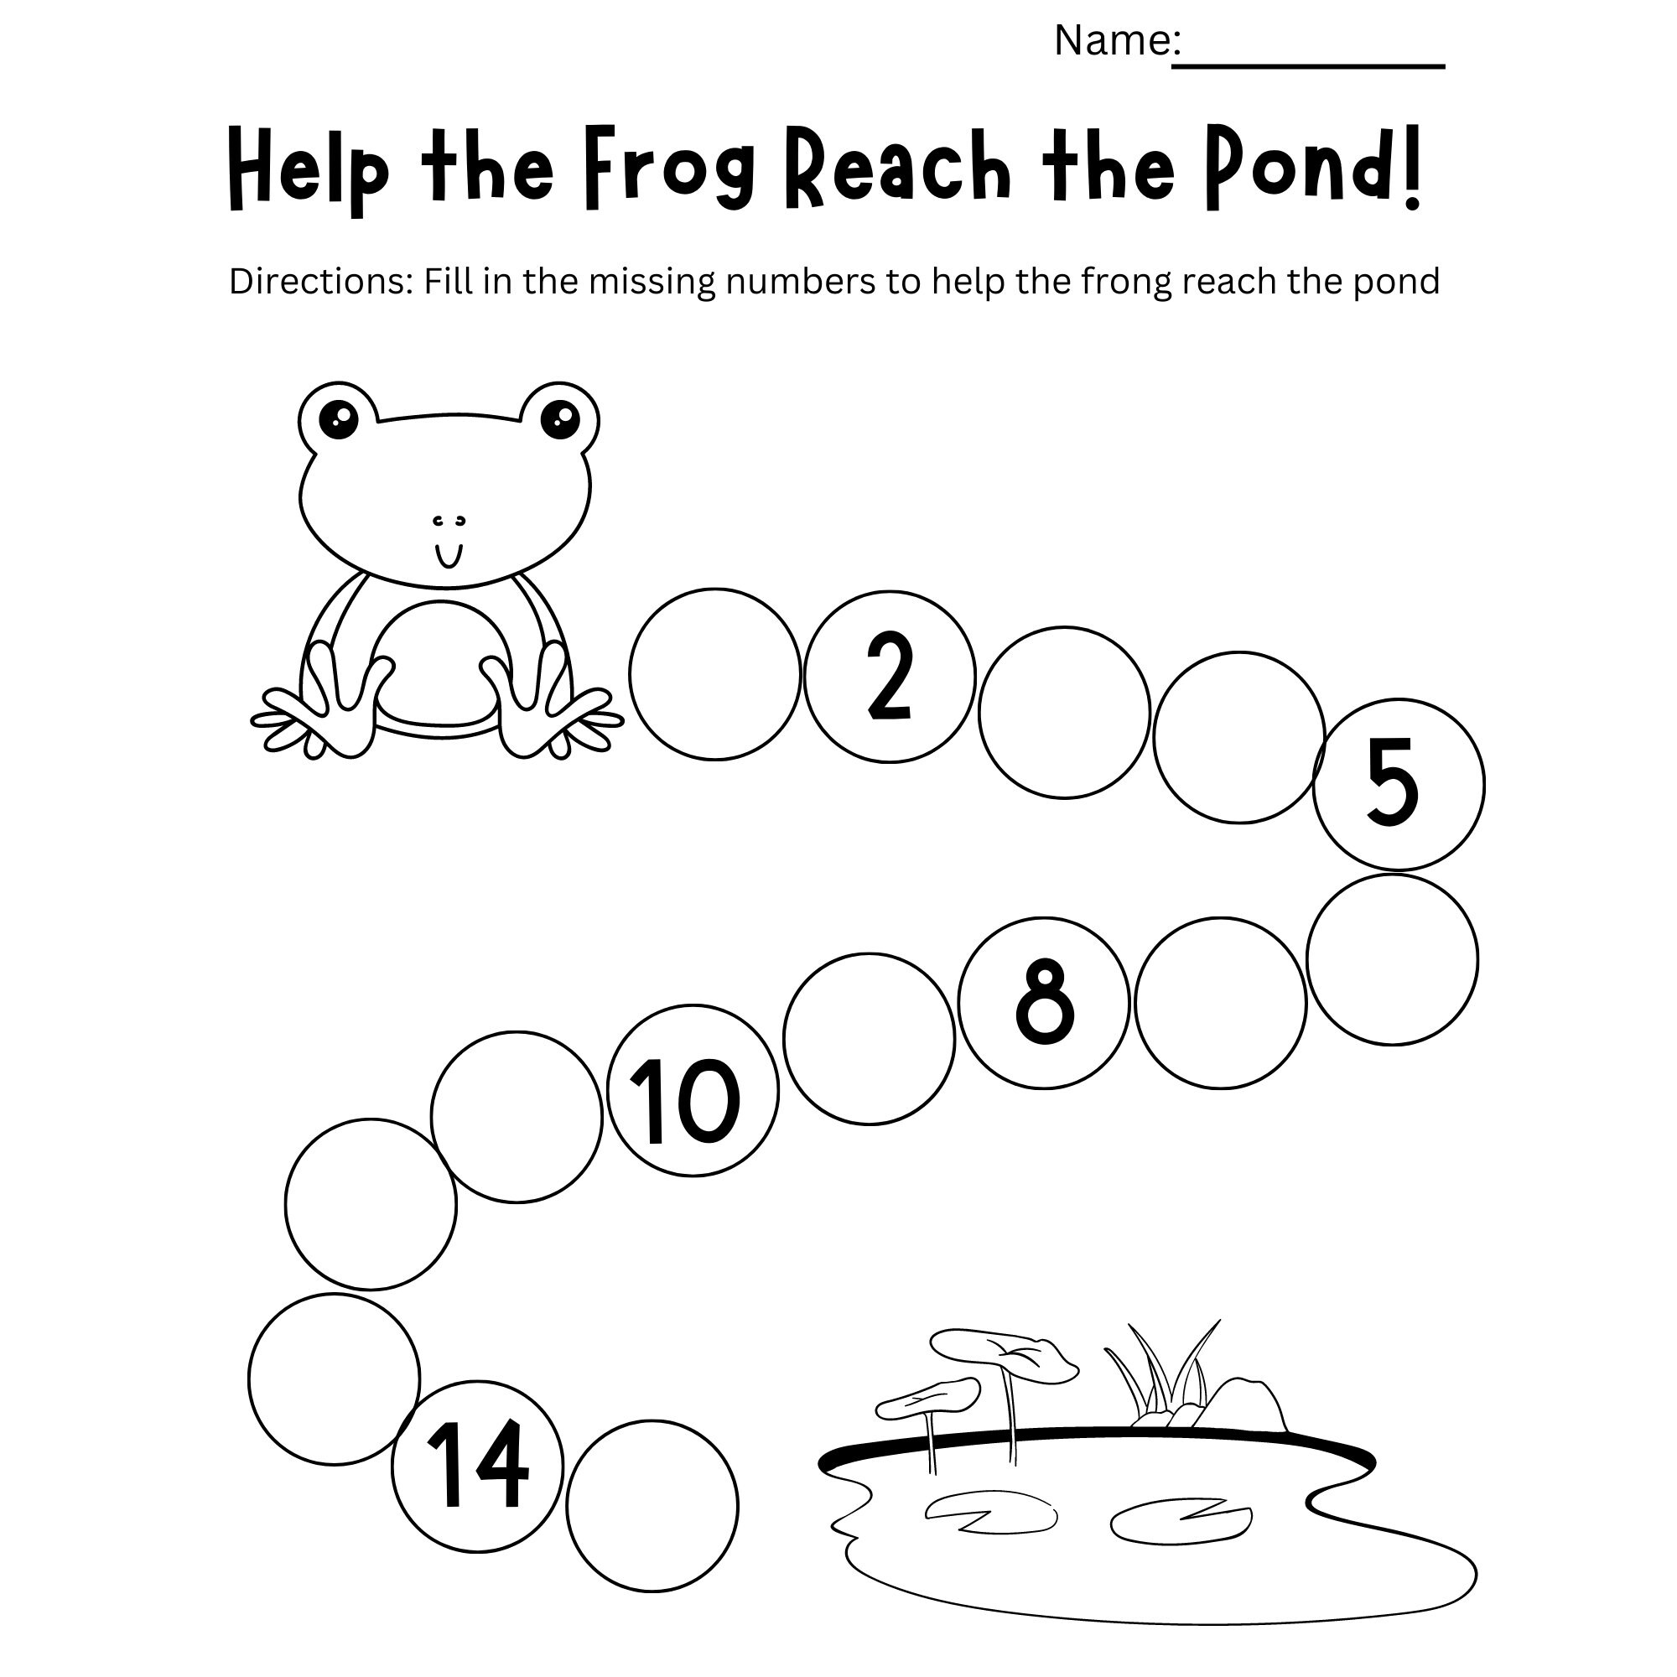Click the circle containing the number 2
890,677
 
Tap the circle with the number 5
1399,785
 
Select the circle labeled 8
1045,1004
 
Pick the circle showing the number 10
693,1091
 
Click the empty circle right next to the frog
714,674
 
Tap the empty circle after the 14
652,1506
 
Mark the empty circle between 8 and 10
869,1039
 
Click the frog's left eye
338,420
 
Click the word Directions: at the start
321,281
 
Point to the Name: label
1116,40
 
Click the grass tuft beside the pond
1161,1377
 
